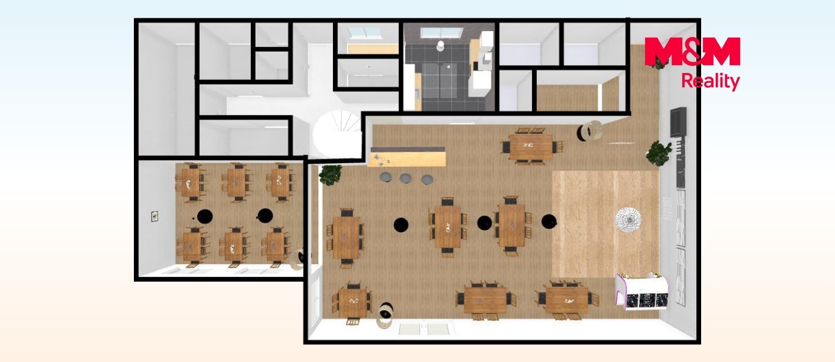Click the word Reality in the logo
coord(710,82)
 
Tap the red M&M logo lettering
coord(692,51)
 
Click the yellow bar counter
coord(407,156)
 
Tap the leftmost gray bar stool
coord(386,176)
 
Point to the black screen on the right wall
coord(678,122)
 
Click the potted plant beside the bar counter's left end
coord(330,175)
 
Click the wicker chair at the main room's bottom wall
coord(385,315)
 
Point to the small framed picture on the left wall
coord(155,216)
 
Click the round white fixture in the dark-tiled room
coord(440,45)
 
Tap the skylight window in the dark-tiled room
coord(441,33)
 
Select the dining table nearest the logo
coord(531,146)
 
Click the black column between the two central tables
coord(484,223)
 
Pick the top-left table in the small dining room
coord(191,183)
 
